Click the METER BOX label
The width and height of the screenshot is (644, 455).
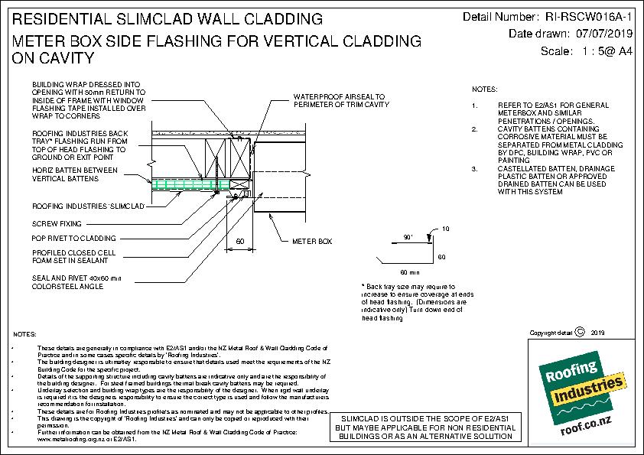click(x=312, y=242)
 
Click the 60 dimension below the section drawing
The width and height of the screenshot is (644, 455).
click(x=240, y=242)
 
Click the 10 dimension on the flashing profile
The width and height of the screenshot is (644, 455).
click(x=444, y=229)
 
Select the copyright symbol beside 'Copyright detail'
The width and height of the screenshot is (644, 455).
click(x=579, y=332)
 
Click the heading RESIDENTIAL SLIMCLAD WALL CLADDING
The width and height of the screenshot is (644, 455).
click(x=167, y=18)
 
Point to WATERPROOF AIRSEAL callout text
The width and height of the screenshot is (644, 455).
click(x=340, y=101)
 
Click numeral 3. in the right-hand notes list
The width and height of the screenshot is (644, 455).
click(x=475, y=167)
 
